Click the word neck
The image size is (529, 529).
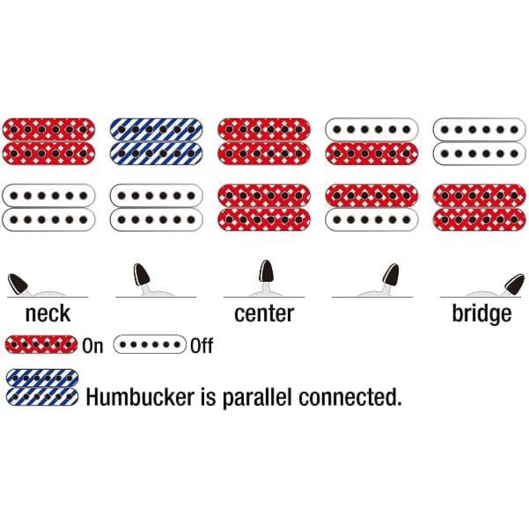click(x=48, y=313)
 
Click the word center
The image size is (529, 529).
click(x=263, y=313)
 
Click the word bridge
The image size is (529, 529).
click(x=481, y=313)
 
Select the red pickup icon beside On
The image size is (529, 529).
click(x=41, y=345)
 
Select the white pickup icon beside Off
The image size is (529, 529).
click(x=150, y=345)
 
